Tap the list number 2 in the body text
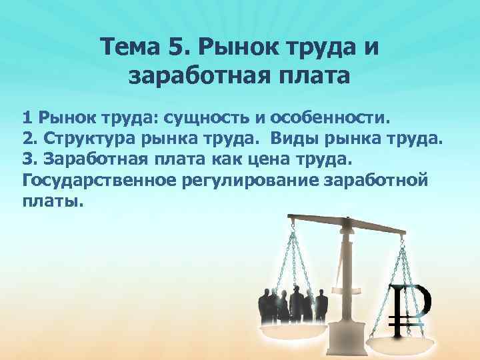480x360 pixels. coord(27,140)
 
